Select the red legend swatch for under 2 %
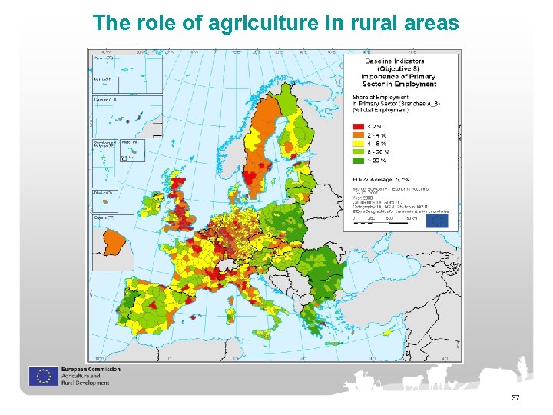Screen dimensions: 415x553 pyautogui.click(x=358, y=124)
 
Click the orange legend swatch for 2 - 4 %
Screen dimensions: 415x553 pyautogui.click(x=358, y=134)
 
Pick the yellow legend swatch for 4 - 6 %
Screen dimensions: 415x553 pyautogui.click(x=358, y=143)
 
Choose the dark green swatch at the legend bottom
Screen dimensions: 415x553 pyautogui.click(x=358, y=160)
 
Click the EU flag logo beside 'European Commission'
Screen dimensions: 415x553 pyautogui.click(x=43, y=376)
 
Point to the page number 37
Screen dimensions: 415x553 pyautogui.click(x=515, y=397)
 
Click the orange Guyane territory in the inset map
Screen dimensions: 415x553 pyautogui.click(x=112, y=242)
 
